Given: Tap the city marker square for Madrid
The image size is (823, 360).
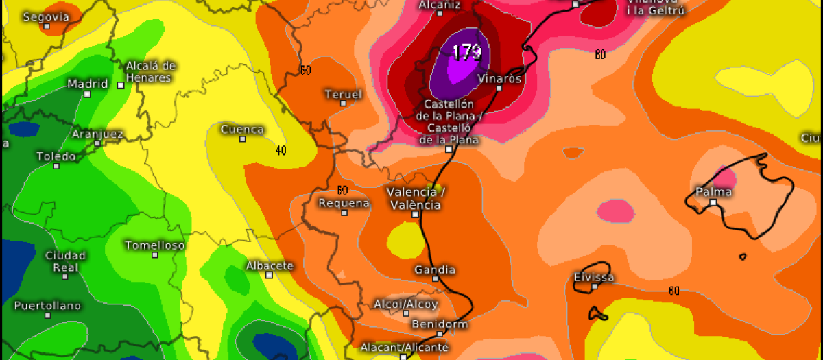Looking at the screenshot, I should tap(87, 94).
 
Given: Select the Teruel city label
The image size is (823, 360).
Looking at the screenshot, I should tap(343, 93).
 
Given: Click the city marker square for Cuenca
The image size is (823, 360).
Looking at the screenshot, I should tap(242, 139).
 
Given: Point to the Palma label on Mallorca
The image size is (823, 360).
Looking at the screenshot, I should tap(713, 191).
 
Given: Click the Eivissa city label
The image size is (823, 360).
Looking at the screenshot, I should tap(594, 278).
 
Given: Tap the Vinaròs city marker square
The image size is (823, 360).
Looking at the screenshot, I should tap(499, 88).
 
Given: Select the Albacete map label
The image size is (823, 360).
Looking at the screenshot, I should tap(270, 265).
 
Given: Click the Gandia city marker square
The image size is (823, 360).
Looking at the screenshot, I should tap(435, 279).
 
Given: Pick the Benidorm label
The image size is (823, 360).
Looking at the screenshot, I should tap(440, 324).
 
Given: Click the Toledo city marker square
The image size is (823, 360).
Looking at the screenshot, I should tap(56, 166).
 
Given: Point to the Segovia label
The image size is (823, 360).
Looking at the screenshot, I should tap(46, 16).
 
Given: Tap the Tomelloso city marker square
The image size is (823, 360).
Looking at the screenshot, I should tap(155, 255).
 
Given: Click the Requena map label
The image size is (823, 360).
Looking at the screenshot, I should tap(344, 203).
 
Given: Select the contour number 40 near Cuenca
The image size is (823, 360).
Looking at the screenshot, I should tap(281, 150).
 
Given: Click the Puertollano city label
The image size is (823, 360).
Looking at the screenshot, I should tap(47, 305).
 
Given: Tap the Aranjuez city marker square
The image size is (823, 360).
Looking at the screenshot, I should tap(98, 143).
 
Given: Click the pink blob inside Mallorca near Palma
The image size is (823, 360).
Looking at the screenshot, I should tap(726, 179).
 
